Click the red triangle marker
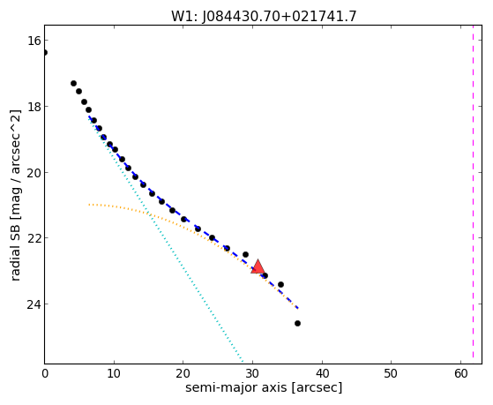click(x=258, y=266)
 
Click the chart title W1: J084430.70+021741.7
click(x=264, y=16)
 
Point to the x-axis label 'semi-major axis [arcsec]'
click(x=264, y=387)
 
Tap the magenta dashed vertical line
click(x=474, y=194)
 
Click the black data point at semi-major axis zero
click(x=45, y=52)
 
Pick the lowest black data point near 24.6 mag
click(x=297, y=323)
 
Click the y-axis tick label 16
click(x=34, y=41)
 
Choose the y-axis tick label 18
click(x=34, y=107)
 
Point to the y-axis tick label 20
click(x=34, y=173)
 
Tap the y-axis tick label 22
click(x=34, y=238)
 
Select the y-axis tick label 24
click(x=34, y=304)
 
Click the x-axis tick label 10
click(x=114, y=374)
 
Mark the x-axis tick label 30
click(x=252, y=374)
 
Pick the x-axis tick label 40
click(x=322, y=374)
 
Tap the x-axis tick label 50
click(x=391, y=374)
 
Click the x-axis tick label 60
click(x=460, y=374)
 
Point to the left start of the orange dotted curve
click(x=89, y=205)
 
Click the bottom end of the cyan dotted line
click(x=243, y=362)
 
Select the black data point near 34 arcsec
click(x=280, y=284)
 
